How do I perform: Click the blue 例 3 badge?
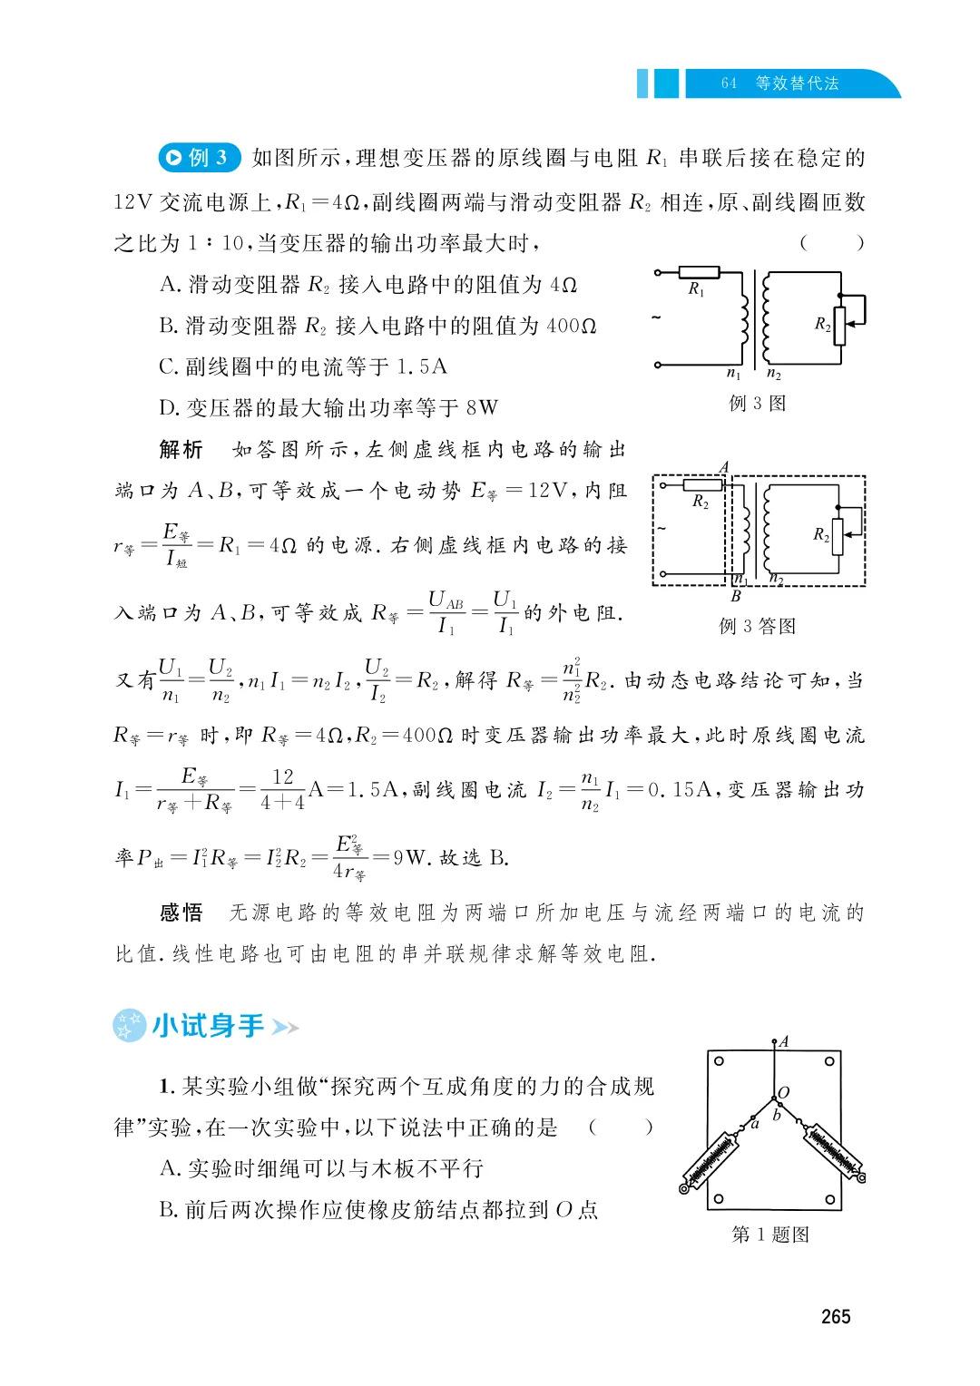coord(199,158)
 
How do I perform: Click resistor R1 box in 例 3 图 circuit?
coord(699,272)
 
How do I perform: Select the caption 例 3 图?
coord(758,404)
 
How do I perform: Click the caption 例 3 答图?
coord(758,626)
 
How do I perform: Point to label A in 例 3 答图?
coord(723,467)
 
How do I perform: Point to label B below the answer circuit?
coord(736,596)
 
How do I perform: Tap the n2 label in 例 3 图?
coord(774,374)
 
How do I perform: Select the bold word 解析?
coord(181,449)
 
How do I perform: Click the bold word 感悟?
coord(181,913)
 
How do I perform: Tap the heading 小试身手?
coord(208,1026)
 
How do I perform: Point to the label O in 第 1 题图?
coord(783,1093)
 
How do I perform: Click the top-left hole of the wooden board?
coord(719,1060)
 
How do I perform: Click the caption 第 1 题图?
coord(770,1235)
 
